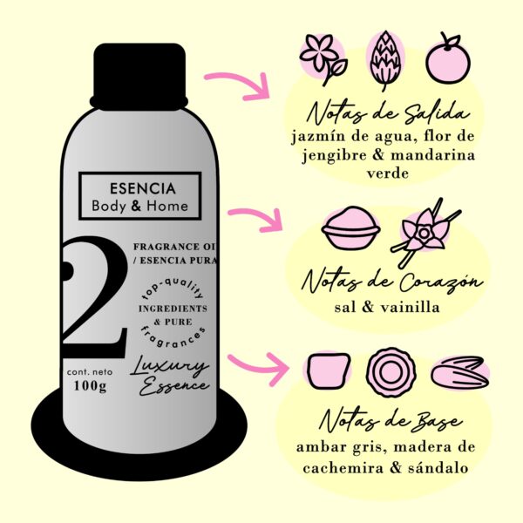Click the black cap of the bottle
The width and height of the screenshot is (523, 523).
(x=139, y=77)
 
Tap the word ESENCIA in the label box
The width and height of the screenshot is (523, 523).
(x=143, y=188)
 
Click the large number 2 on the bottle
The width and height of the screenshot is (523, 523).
(x=94, y=296)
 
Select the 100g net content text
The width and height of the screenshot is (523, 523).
(x=90, y=386)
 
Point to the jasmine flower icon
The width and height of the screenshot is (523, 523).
(x=323, y=59)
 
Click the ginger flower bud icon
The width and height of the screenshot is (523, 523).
(x=385, y=60)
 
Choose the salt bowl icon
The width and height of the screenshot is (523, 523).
(x=350, y=228)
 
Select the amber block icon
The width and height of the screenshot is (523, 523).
(x=329, y=371)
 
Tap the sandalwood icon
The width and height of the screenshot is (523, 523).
(x=459, y=373)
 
